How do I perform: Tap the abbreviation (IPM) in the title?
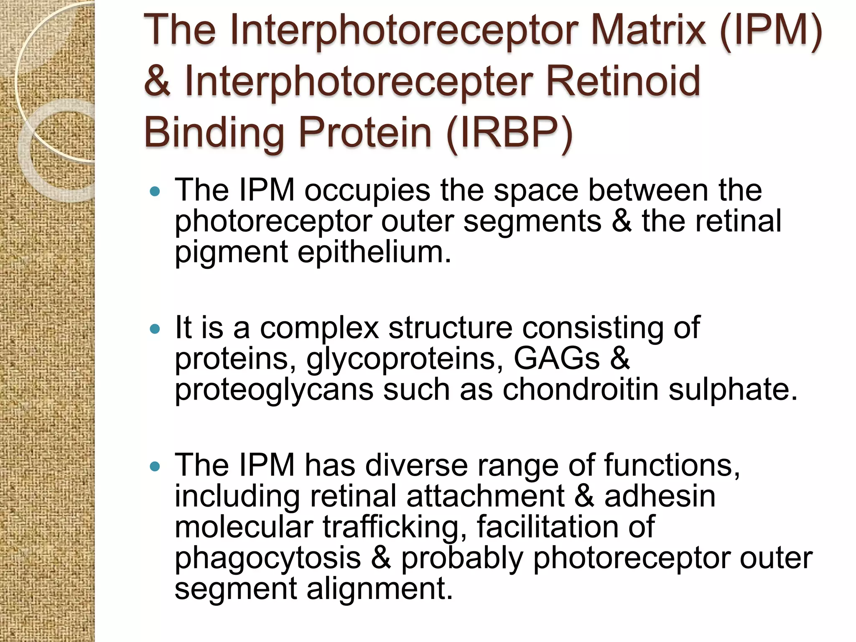tap(770, 32)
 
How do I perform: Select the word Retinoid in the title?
tap(623, 81)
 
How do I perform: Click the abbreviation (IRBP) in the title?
tap(509, 133)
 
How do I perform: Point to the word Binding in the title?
tap(214, 133)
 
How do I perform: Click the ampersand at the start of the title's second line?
tap(157, 81)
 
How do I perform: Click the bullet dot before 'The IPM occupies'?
tap(155, 192)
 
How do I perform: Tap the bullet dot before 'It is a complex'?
tap(155, 329)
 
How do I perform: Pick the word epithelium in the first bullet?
tap(374, 252)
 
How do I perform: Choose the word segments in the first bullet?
tap(532, 222)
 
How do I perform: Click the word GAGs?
tap(556, 359)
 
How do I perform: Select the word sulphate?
tap(733, 390)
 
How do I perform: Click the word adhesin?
tap(660, 497)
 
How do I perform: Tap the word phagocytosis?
tap(267, 558)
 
